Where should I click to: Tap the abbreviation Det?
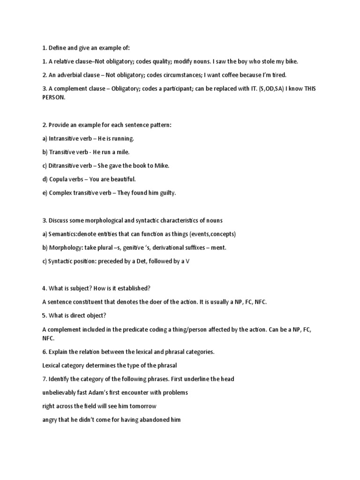pos(138,261)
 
